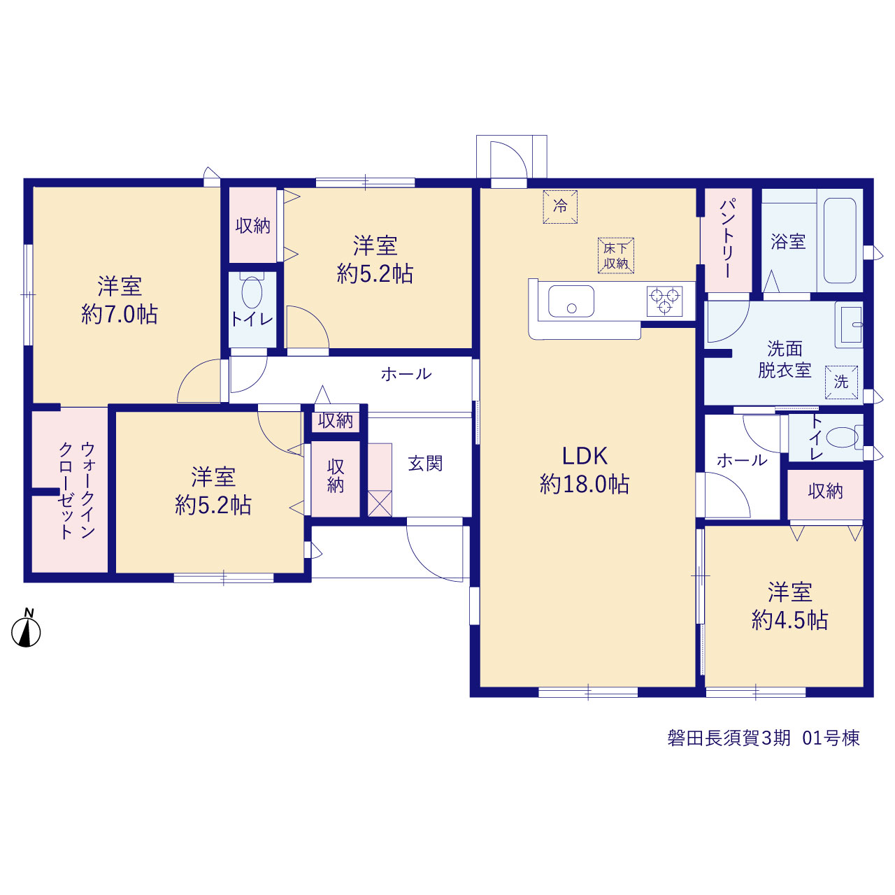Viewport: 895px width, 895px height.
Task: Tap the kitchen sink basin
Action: pyautogui.click(x=571, y=301)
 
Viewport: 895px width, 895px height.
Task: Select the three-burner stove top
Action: pyautogui.click(x=665, y=301)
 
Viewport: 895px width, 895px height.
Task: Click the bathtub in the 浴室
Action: pyautogui.click(x=840, y=241)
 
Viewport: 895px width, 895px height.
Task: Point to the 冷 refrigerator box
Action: pyautogui.click(x=560, y=207)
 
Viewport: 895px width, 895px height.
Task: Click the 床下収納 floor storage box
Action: pyautogui.click(x=616, y=255)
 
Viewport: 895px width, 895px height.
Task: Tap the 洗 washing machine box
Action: pyautogui.click(x=841, y=382)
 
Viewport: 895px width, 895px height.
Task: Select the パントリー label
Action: pyautogui.click(x=727, y=238)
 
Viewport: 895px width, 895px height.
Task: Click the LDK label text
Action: pyautogui.click(x=585, y=456)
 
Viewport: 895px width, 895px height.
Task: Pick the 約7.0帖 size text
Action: pyautogui.click(x=120, y=315)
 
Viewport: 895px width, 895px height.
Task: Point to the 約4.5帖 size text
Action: pyautogui.click(x=790, y=620)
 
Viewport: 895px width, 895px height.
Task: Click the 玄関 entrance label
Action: pyautogui.click(x=425, y=464)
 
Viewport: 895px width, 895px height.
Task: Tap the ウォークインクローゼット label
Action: pyautogui.click(x=77, y=490)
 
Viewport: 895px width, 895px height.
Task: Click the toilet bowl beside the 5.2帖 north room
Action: pyautogui.click(x=252, y=292)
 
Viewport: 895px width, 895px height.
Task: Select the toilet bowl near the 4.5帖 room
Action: pyautogui.click(x=842, y=437)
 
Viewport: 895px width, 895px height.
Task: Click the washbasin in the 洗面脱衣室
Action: pyautogui.click(x=850, y=324)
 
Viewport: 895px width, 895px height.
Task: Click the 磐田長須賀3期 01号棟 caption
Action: pyautogui.click(x=764, y=738)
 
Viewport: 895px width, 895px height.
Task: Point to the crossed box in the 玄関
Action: pyautogui.click(x=380, y=503)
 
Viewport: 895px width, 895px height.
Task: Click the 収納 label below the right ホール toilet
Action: pyautogui.click(x=825, y=492)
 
